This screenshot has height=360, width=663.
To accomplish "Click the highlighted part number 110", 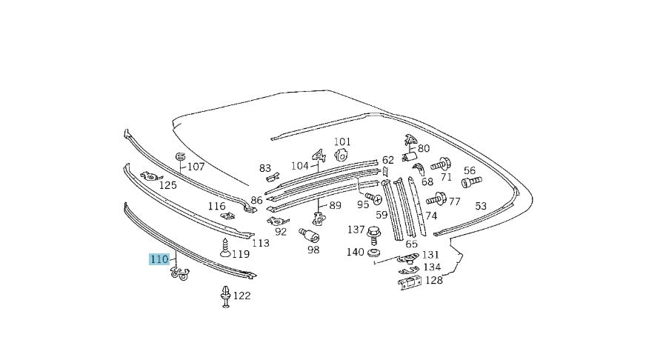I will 160,259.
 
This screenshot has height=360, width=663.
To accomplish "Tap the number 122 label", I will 241,296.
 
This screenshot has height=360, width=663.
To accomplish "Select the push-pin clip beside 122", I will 224,297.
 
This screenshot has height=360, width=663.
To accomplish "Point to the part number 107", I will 195,167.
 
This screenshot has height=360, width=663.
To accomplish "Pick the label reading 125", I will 168,184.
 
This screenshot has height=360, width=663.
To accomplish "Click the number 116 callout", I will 216,206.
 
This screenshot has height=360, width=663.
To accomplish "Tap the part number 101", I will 342,141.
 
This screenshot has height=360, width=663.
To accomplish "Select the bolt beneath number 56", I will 471,181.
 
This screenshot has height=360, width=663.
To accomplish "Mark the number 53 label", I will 480,206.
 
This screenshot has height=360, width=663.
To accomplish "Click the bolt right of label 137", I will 375,233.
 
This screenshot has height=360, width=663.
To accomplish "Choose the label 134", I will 432,267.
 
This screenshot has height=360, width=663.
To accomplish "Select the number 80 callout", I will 423,147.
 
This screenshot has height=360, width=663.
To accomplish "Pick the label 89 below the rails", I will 335,206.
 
